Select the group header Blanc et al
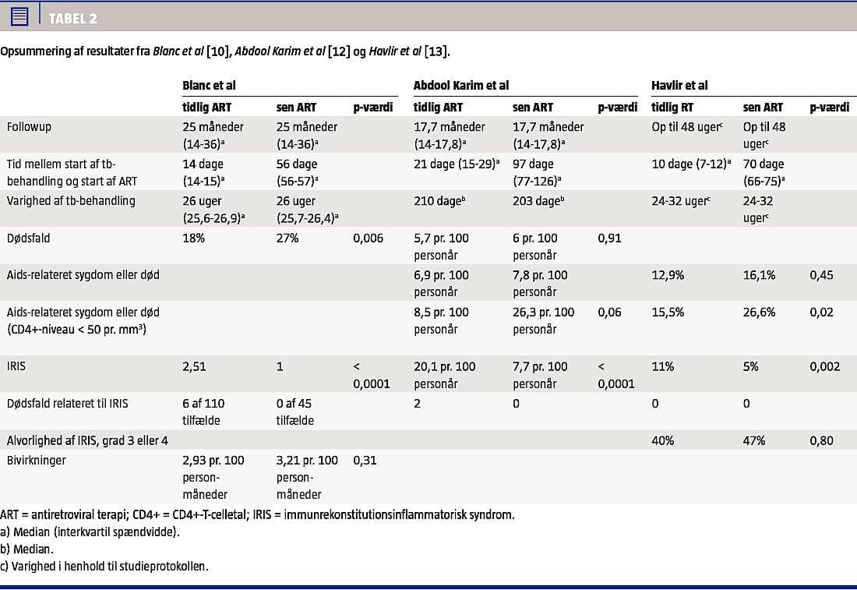pyautogui.click(x=209, y=86)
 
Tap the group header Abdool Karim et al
pyautogui.click(x=461, y=86)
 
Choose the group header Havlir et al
pyautogui.click(x=679, y=86)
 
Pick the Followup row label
pyautogui.click(x=29, y=126)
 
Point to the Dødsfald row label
pyautogui.click(x=28, y=238)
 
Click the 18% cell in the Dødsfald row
pyautogui.click(x=194, y=238)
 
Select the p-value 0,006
pyautogui.click(x=368, y=238)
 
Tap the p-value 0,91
pyautogui.click(x=609, y=238)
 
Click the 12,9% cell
pyautogui.click(x=668, y=275)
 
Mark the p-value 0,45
pyautogui.click(x=821, y=275)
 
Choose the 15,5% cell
pyautogui.click(x=668, y=313)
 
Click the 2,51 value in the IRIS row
pyautogui.click(x=195, y=366)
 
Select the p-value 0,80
pyautogui.click(x=821, y=440)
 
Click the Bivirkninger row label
pyautogui.click(x=37, y=460)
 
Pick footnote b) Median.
pyautogui.click(x=26, y=549)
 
